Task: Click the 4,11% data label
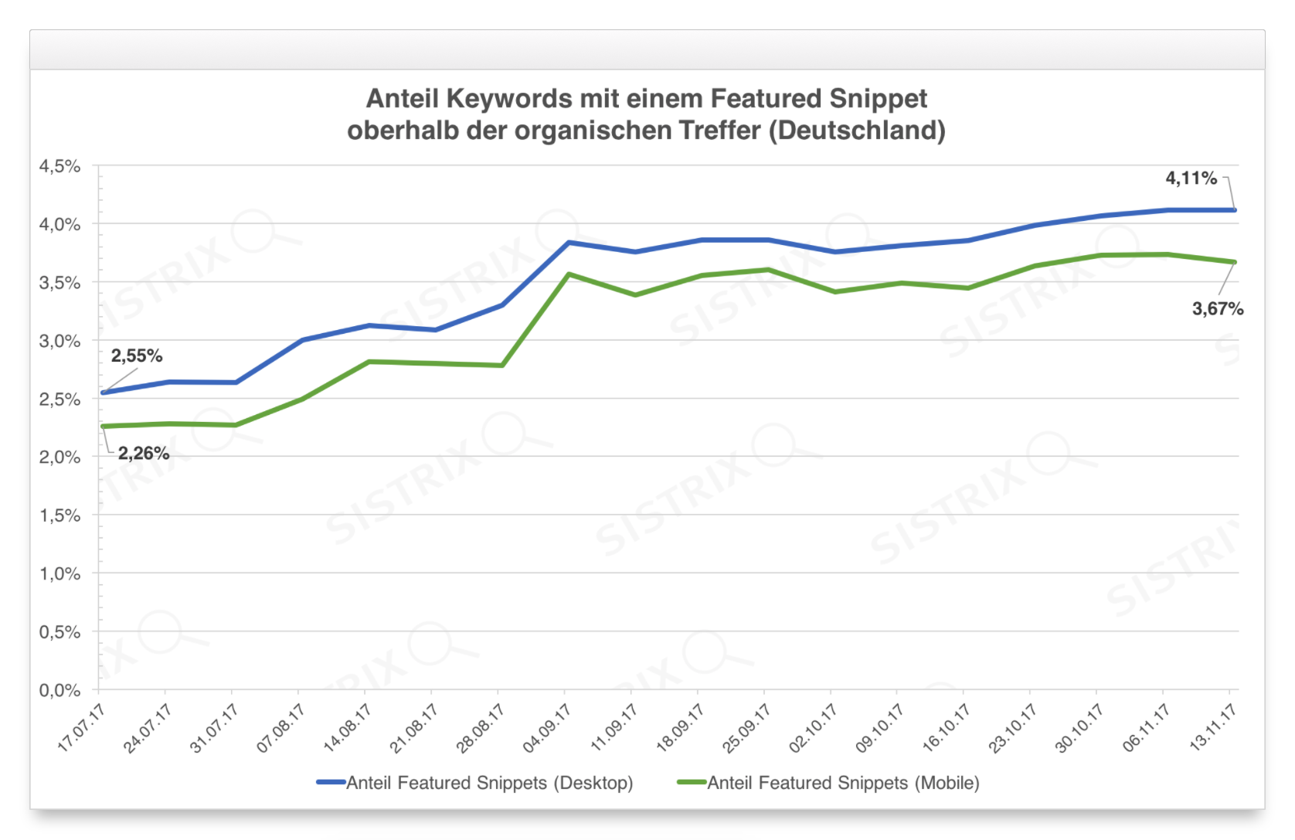pos(1191,179)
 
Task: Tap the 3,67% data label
pos(1217,309)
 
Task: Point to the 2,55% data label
pos(137,355)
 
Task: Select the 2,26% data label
pos(144,453)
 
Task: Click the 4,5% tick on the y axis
pos(60,166)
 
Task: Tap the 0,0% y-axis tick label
pos(60,690)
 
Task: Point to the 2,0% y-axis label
pos(60,457)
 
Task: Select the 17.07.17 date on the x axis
pos(82,727)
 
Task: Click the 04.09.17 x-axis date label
pos(547,727)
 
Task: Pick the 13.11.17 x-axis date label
pos(1213,727)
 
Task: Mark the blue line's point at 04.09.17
pos(569,243)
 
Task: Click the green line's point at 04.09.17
pos(569,274)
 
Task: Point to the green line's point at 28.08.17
pos(502,366)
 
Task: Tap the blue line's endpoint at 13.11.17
pos(1234,210)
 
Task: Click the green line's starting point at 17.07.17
pos(103,427)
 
